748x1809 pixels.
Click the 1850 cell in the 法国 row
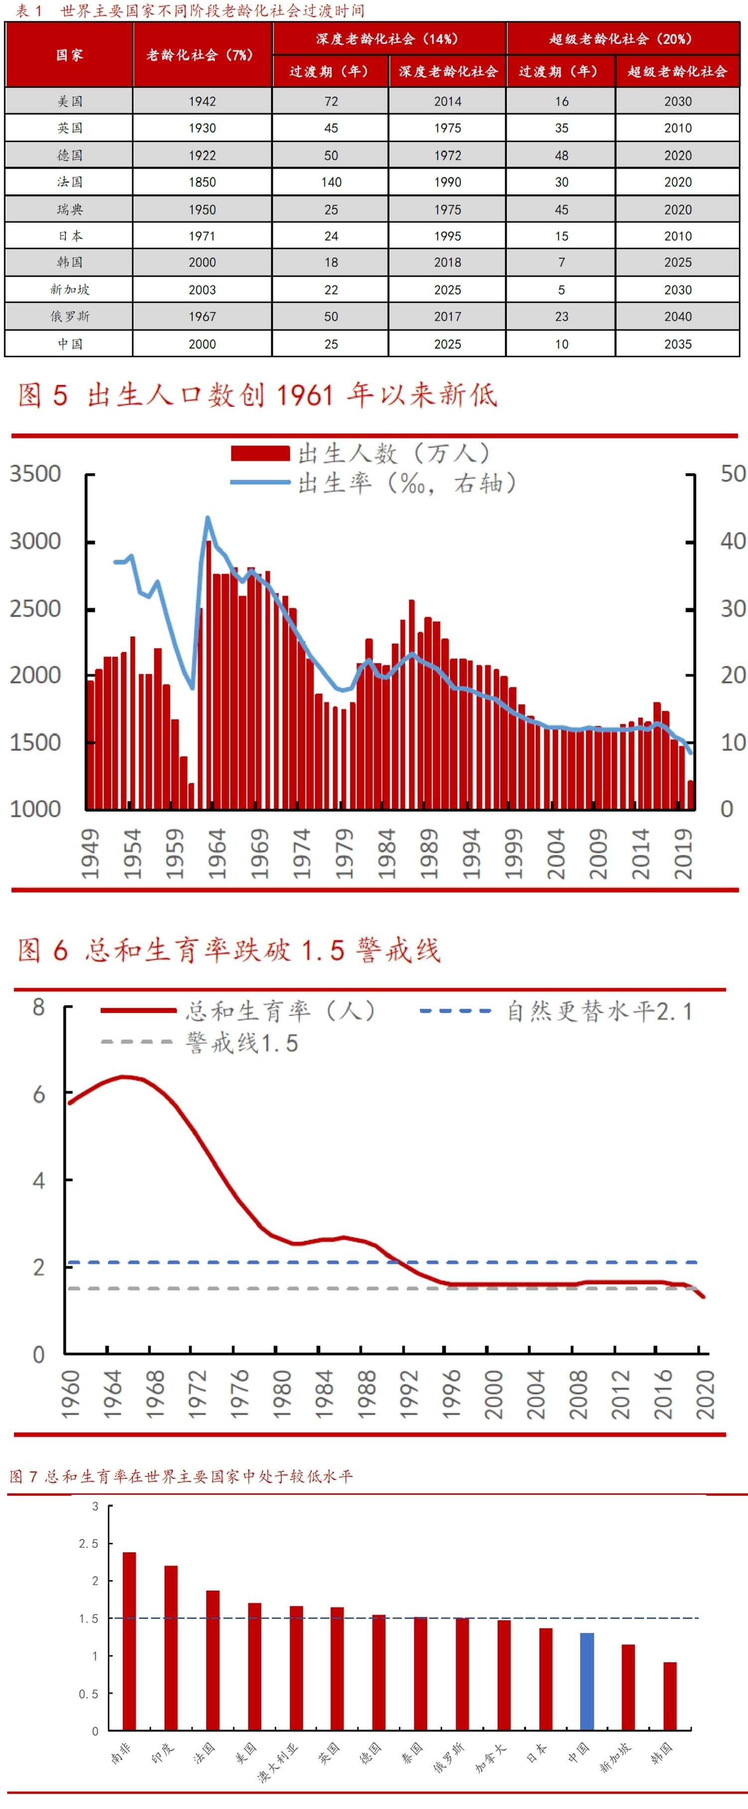[x=202, y=182]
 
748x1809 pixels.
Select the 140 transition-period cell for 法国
[x=331, y=182]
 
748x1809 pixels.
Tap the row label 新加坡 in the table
[x=69, y=289]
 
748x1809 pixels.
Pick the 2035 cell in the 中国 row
[x=678, y=344]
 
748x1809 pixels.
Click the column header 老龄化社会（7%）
[x=202, y=55]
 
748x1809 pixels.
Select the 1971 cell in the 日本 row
[x=202, y=236]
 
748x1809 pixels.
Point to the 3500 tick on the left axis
[x=35, y=474]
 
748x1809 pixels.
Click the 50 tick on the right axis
[x=733, y=474]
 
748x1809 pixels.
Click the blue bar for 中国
[x=586, y=1681]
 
